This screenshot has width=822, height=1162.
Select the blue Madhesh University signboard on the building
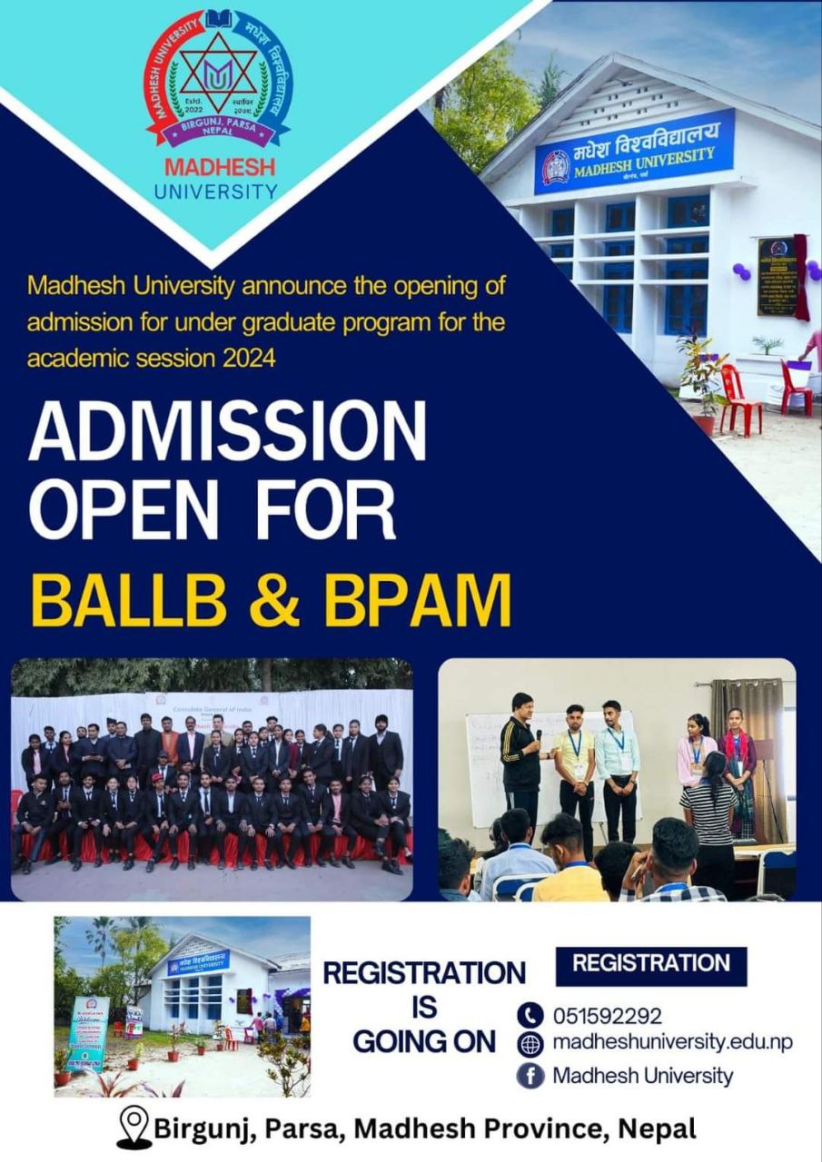pyautogui.click(x=633, y=153)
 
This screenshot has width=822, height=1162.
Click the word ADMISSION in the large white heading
pyautogui.click(x=227, y=433)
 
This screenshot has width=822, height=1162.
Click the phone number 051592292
pyautogui.click(x=608, y=1016)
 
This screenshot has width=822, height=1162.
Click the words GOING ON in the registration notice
pyautogui.click(x=423, y=1041)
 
